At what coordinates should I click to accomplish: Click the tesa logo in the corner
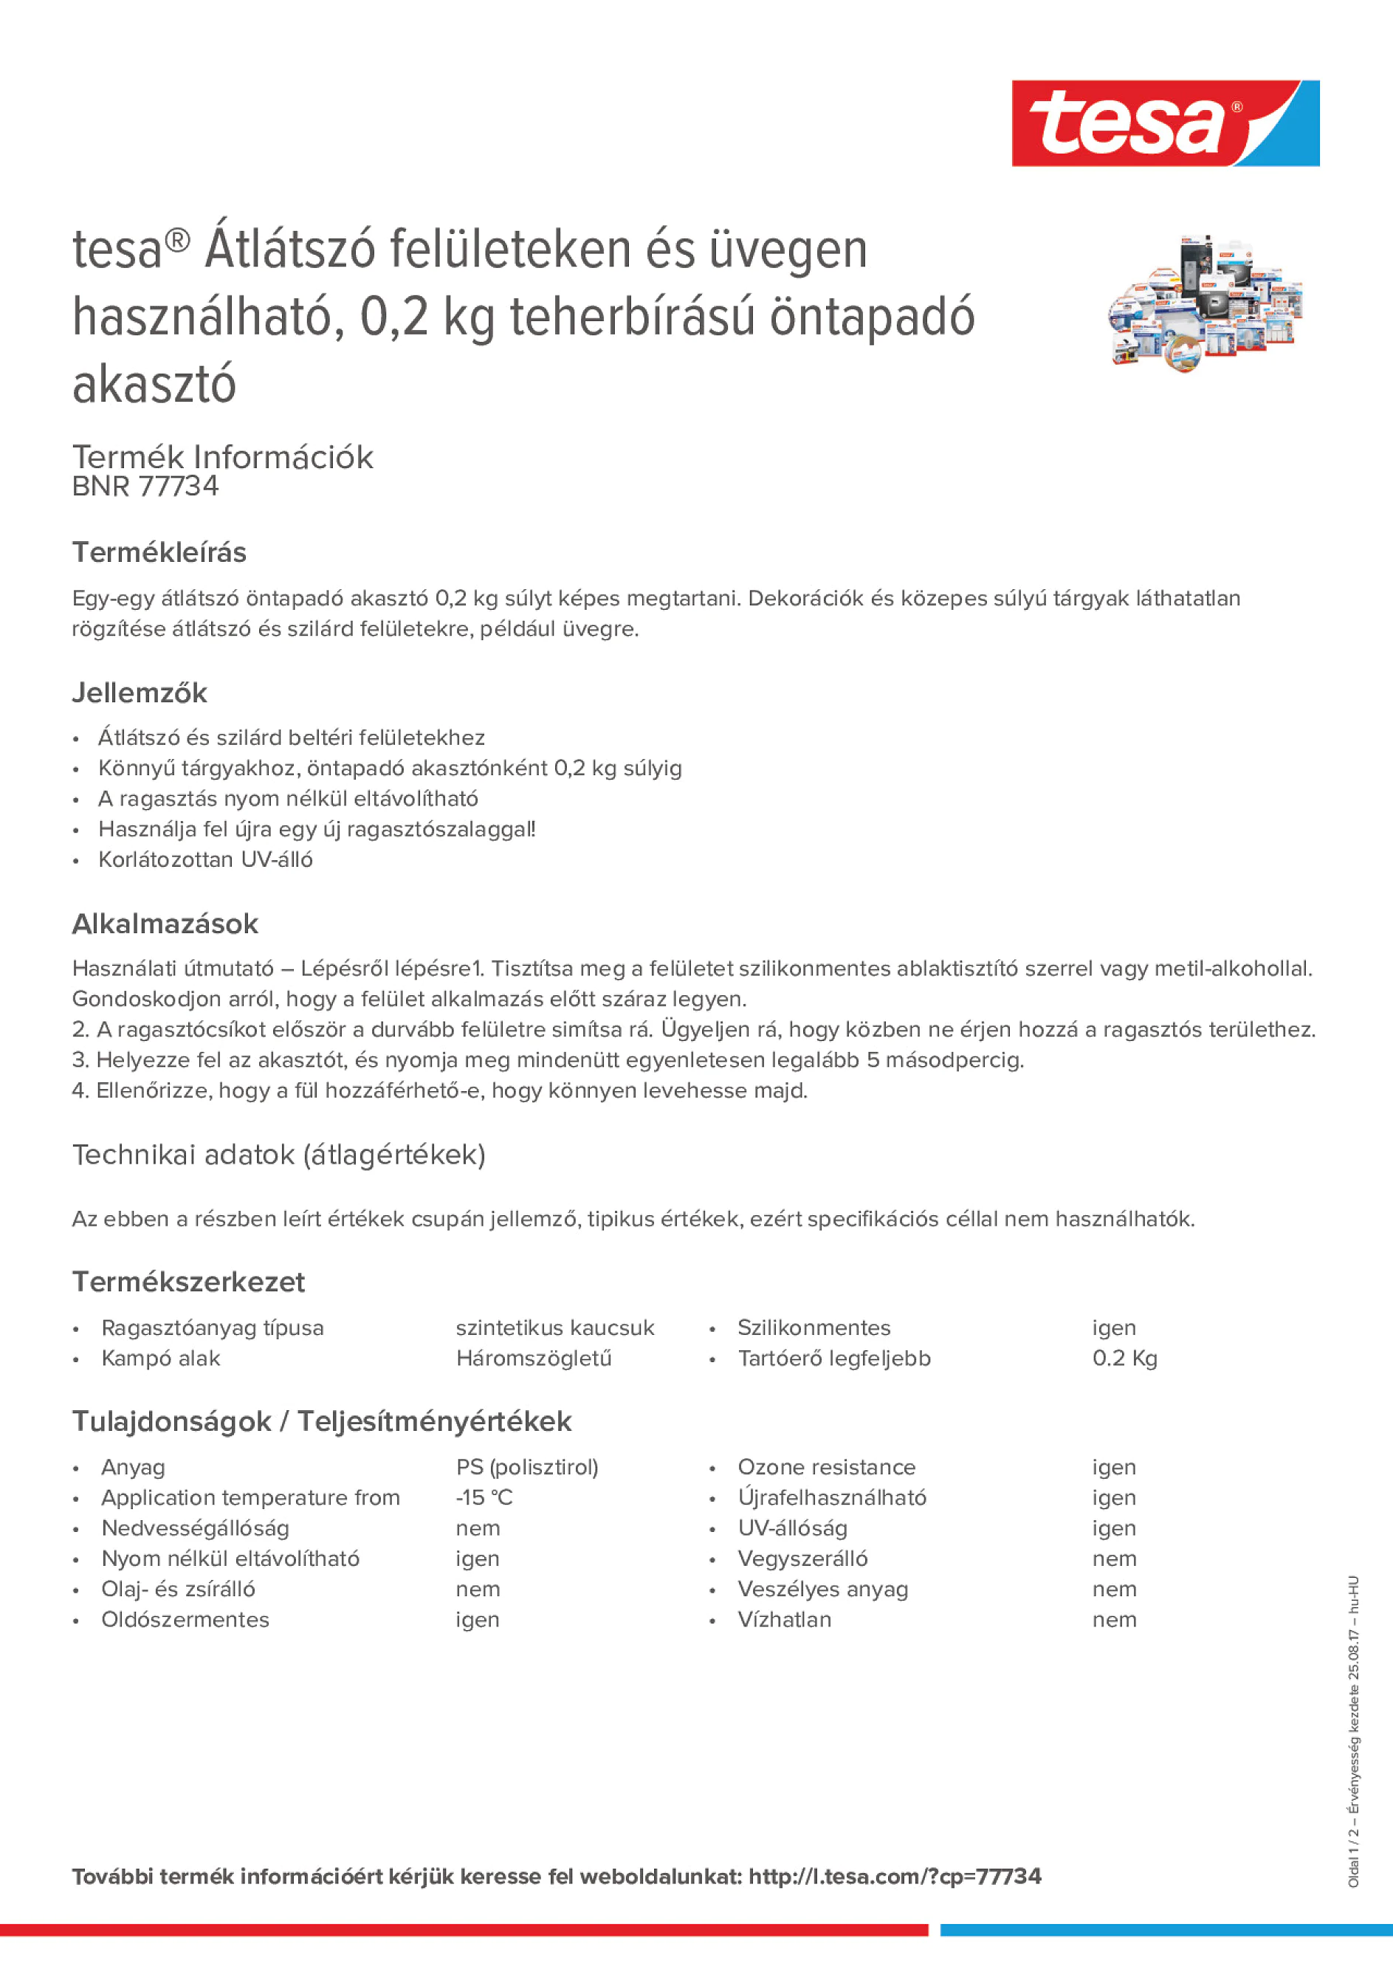(x=1165, y=123)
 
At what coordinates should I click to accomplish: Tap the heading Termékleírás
(x=159, y=552)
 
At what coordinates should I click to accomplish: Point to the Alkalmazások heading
(x=165, y=924)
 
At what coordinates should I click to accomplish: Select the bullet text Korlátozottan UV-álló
(x=205, y=859)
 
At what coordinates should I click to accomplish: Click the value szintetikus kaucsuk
(x=555, y=1328)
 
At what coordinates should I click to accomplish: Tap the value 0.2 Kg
(x=1124, y=1358)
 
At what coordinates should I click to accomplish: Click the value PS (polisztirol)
(x=526, y=1467)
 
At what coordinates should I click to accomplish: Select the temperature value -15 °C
(x=484, y=1498)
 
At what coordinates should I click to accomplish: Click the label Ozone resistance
(x=826, y=1467)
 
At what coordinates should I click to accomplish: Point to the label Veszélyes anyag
(x=822, y=1589)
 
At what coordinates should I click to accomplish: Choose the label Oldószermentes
(x=185, y=1620)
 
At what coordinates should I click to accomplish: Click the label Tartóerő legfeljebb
(x=833, y=1358)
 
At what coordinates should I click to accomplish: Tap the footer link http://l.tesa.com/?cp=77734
(x=894, y=1877)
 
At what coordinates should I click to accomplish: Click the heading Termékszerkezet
(x=188, y=1282)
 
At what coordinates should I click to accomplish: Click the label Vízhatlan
(x=784, y=1620)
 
